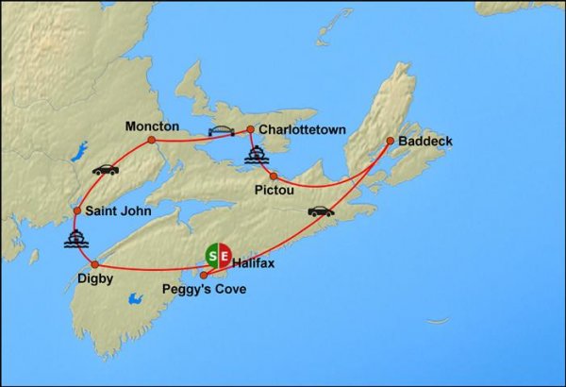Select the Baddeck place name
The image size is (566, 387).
click(425, 142)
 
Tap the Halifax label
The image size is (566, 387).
click(253, 263)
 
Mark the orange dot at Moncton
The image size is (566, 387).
click(151, 141)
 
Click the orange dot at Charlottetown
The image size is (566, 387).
click(250, 130)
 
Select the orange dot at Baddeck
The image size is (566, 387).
click(389, 142)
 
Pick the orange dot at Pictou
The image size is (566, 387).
click(273, 176)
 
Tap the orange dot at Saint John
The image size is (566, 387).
click(77, 210)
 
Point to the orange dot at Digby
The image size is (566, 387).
click(95, 264)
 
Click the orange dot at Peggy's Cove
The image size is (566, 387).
click(204, 276)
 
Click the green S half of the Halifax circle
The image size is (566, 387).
click(212, 254)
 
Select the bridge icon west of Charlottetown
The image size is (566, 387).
click(221, 131)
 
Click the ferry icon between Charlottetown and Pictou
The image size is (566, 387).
click(256, 155)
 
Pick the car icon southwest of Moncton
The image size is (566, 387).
click(105, 170)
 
